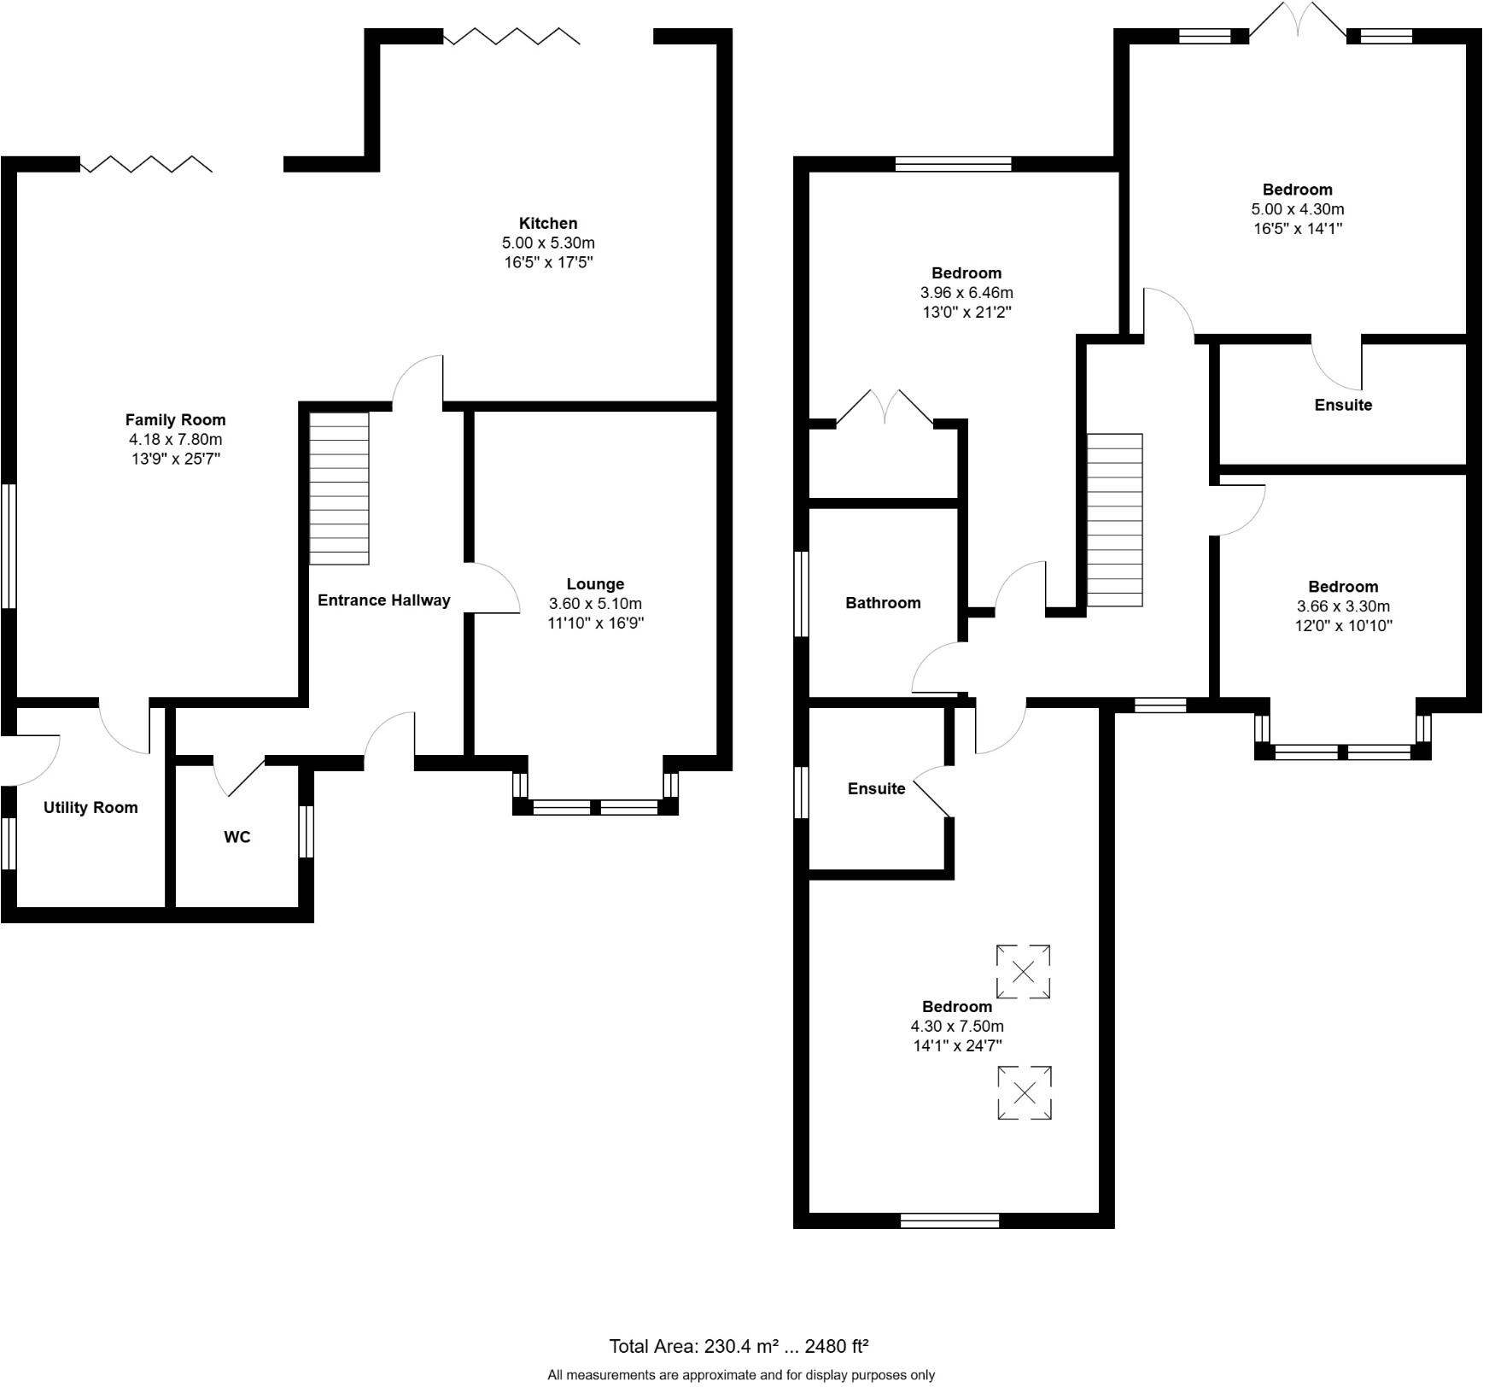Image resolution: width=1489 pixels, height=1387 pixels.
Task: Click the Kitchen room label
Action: click(x=548, y=224)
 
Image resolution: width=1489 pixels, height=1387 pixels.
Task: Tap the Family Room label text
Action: click(x=175, y=420)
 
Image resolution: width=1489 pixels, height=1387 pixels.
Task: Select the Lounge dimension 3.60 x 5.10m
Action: click(x=595, y=604)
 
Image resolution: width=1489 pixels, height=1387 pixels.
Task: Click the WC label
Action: click(x=237, y=838)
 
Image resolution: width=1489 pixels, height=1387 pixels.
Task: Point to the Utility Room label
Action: click(x=91, y=808)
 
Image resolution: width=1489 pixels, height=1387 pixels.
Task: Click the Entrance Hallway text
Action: click(x=383, y=600)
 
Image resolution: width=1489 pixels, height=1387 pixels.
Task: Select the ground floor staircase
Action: click(x=339, y=488)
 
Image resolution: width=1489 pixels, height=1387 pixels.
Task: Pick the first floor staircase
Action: click(x=1114, y=520)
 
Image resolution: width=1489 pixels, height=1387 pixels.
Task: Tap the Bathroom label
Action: click(x=883, y=603)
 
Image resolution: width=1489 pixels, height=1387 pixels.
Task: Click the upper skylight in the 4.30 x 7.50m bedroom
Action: click(x=1023, y=972)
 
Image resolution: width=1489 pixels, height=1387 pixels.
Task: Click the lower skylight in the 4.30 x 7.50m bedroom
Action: click(x=1025, y=1092)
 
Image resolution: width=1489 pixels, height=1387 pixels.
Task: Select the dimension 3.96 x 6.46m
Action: click(x=966, y=293)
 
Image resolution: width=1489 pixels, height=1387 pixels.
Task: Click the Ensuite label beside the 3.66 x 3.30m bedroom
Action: click(x=1343, y=405)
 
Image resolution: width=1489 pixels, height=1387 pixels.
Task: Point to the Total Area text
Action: click(x=739, y=1348)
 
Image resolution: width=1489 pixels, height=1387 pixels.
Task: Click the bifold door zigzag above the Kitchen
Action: click(x=511, y=36)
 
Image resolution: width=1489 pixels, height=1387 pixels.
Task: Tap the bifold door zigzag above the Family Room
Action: click(x=146, y=164)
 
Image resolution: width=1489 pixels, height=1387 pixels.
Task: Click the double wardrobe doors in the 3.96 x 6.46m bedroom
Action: click(x=885, y=407)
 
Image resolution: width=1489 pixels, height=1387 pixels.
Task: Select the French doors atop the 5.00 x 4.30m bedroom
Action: click(x=1298, y=20)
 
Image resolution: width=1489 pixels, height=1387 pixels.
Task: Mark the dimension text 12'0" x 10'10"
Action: click(x=1343, y=626)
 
